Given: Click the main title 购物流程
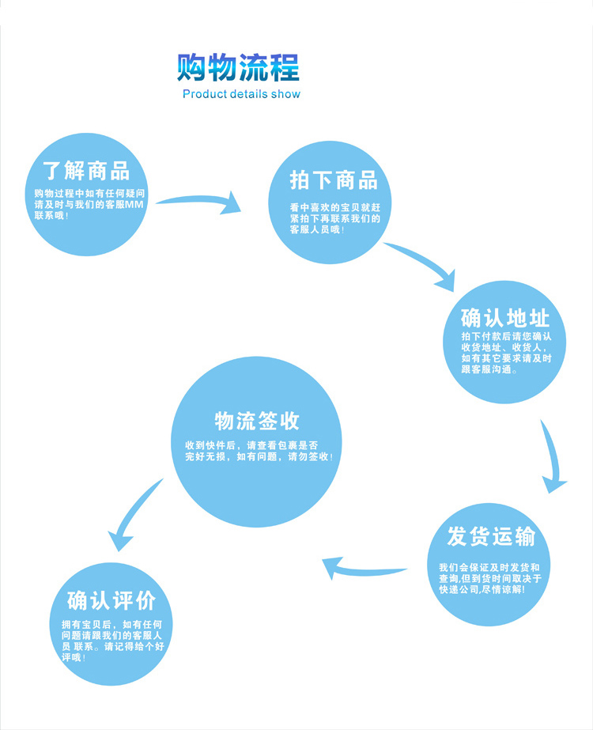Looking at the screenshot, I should pos(238,67).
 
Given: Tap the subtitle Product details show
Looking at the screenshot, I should pos(241,94).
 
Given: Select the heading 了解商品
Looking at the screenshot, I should pos(86,170).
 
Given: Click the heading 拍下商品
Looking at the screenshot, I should pos(334,180).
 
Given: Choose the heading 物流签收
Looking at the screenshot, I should pos(257,421).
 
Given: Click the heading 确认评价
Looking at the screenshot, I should pos(111,600).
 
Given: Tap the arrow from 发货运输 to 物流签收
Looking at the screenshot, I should pos(364,567).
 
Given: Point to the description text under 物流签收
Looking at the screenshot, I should pos(259,451).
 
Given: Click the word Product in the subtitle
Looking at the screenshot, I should pos(203,94).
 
